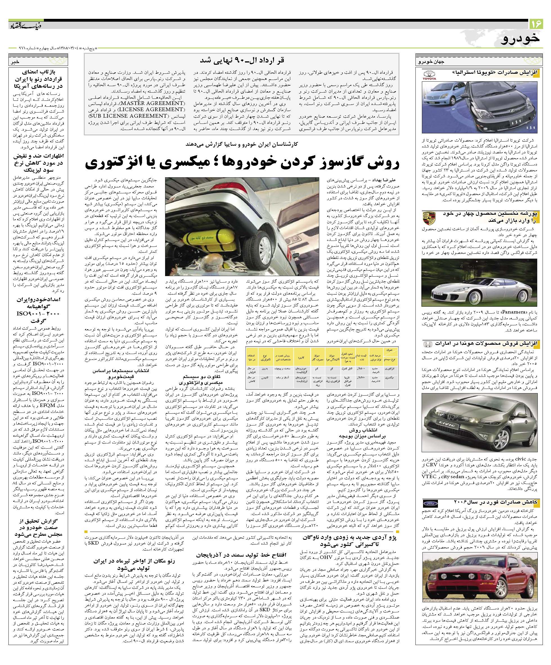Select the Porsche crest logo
point(429,218)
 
